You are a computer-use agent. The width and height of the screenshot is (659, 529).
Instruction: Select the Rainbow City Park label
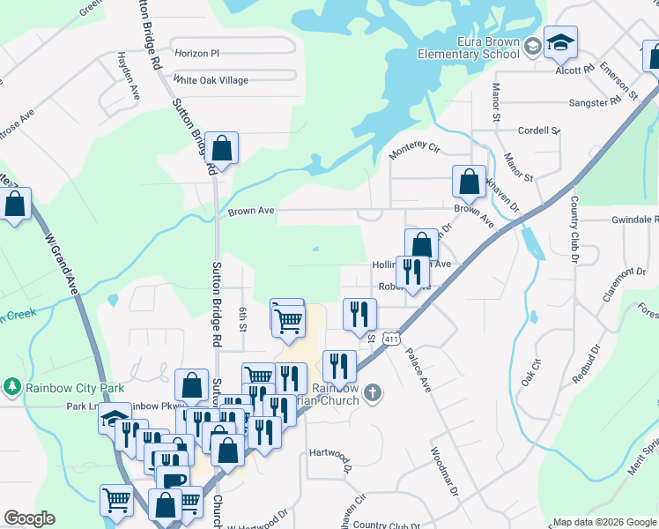(75, 387)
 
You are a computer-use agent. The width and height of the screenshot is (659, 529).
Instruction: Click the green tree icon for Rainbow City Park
(12, 386)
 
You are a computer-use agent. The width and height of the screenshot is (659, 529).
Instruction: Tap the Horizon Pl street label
(196, 54)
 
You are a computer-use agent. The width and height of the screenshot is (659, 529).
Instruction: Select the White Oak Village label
(211, 80)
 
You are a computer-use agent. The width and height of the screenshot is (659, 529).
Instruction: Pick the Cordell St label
(538, 130)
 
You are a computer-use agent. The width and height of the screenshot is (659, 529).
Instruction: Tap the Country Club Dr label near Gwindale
(574, 229)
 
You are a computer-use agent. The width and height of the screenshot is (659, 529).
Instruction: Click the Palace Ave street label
(417, 369)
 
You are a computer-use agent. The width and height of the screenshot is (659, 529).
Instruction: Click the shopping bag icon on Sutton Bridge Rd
(223, 149)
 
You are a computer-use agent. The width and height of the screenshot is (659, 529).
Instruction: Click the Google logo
(29, 518)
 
